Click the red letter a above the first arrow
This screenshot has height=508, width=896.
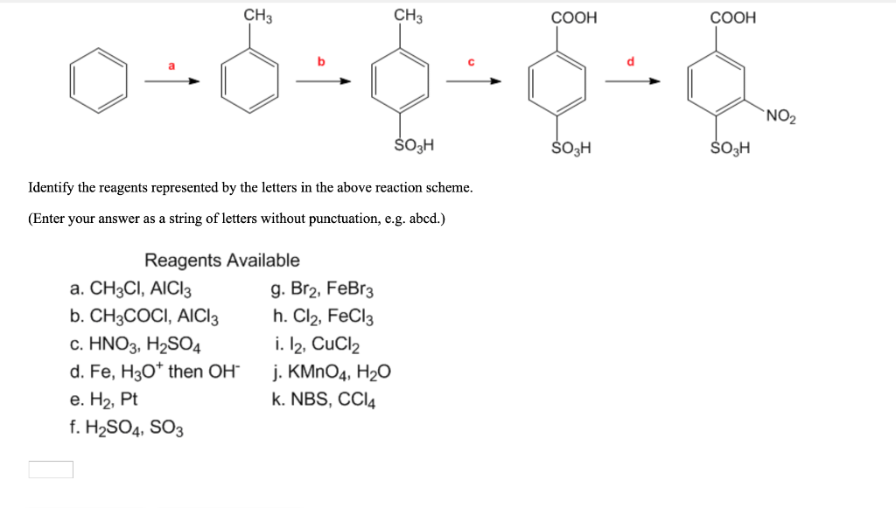pos(172,65)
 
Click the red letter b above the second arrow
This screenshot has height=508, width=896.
pos(321,60)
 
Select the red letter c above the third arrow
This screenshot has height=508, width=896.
pos(470,60)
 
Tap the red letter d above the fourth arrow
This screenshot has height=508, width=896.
pos(629,60)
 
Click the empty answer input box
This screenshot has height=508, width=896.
pos(51,470)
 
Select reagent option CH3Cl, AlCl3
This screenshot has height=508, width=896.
pos(130,289)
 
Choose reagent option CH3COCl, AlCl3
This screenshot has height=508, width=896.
pos(143,317)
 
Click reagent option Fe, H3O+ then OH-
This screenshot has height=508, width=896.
pos(153,372)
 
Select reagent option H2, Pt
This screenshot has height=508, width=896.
pos(103,399)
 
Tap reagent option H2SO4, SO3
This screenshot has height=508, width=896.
pos(126,427)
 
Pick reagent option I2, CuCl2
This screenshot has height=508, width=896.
pos(316,344)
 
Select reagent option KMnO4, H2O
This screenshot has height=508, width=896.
pos(331,372)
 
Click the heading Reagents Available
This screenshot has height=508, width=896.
pos(221,260)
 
